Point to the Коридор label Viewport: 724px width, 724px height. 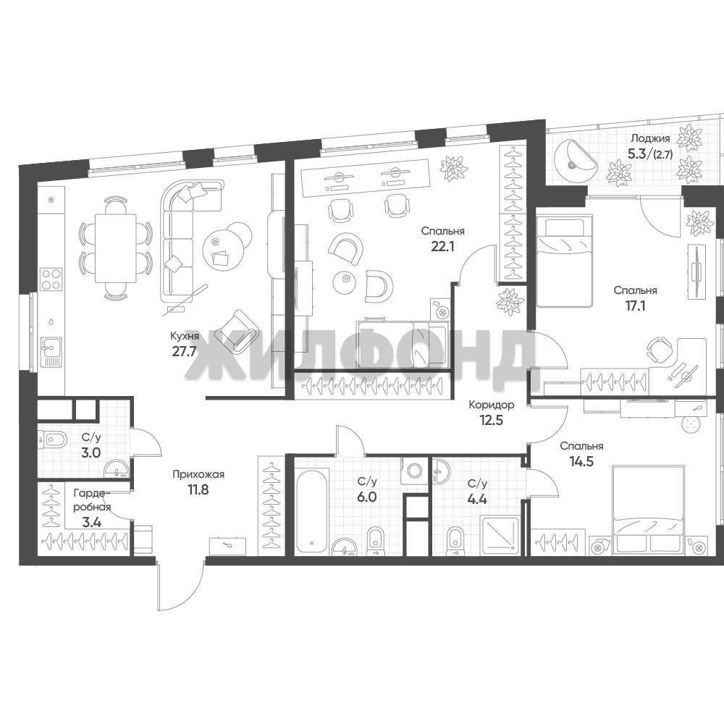coord(492,405)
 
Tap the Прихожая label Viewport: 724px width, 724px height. coord(198,474)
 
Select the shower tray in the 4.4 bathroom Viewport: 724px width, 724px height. coord(500,536)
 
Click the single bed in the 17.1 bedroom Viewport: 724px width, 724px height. coord(564,262)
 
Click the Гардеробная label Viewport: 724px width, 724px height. coord(93,500)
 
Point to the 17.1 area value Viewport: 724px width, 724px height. coord(636,306)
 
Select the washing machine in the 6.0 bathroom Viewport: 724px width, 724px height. coord(415,471)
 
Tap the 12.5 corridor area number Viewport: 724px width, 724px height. coord(492,421)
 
